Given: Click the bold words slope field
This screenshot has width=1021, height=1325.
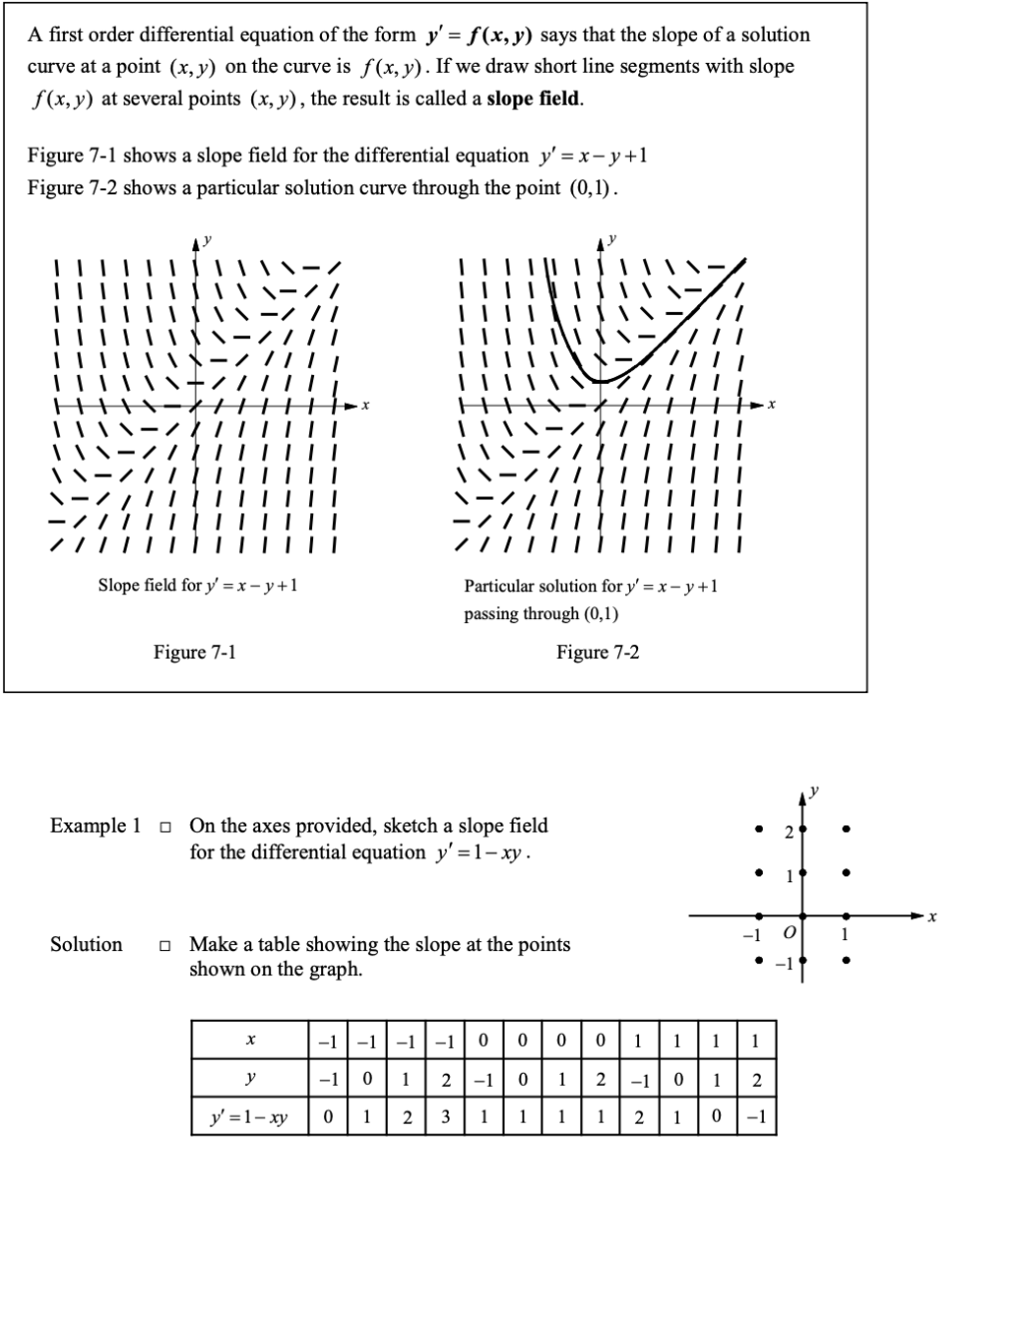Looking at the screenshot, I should (534, 99).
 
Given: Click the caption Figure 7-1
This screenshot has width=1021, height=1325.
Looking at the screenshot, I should (194, 652).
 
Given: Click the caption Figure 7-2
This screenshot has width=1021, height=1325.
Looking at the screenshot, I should (597, 652).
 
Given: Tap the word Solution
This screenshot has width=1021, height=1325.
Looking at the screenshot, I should (87, 944).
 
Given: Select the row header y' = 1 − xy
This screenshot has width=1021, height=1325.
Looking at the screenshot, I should (248, 1118).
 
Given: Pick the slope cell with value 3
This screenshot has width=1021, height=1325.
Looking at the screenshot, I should (446, 1118).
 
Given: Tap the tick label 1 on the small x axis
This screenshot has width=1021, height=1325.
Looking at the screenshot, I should (846, 934).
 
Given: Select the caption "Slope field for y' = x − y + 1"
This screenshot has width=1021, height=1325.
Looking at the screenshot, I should (197, 585).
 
